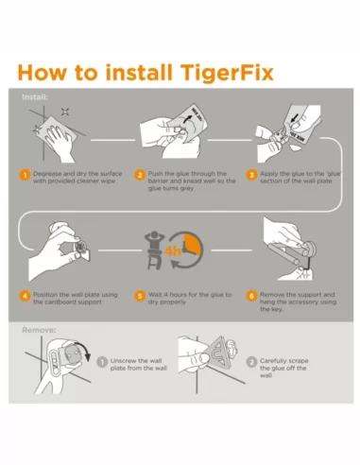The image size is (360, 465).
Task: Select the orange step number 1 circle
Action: point(26,175)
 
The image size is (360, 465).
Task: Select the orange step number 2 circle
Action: point(140,175)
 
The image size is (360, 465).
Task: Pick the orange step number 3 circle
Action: point(251,175)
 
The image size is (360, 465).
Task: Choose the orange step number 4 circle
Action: point(26,295)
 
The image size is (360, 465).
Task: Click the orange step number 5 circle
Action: point(140,295)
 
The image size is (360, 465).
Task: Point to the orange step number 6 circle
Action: point(251,295)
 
